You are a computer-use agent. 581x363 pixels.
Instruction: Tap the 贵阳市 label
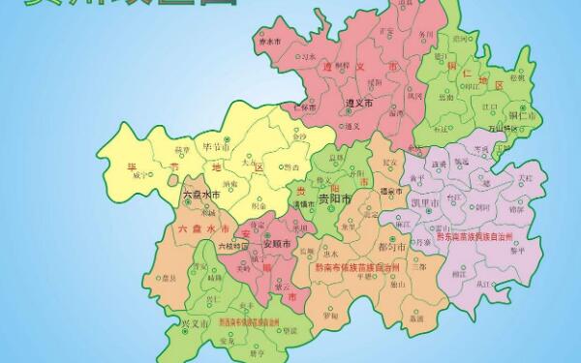point(335,199)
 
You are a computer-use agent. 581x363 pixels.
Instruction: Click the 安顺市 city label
point(252,242)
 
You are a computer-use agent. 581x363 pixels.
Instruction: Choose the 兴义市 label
point(195,318)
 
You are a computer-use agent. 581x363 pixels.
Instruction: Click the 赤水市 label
point(270,44)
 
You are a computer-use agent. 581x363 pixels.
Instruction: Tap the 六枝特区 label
point(232,246)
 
